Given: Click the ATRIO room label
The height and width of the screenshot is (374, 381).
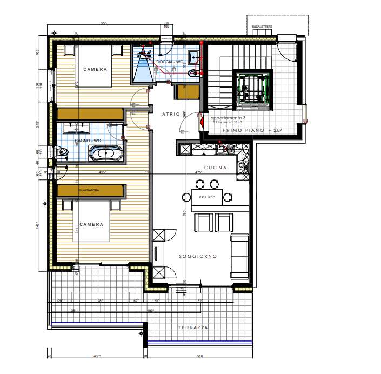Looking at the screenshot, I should point(171,113).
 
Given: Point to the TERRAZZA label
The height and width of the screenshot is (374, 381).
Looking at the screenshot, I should point(192,328).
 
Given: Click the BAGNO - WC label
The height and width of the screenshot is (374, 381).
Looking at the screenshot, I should point(88,141).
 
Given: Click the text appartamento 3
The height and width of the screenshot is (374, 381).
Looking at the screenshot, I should point(228,118).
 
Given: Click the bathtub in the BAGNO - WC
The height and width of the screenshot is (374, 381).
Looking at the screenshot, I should point(106,154).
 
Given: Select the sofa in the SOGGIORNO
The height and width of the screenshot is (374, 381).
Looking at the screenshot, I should point(240,254).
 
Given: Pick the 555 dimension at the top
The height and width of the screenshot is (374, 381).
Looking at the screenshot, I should point(104,23).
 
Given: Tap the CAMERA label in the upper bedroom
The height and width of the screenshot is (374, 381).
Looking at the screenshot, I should point(95,70).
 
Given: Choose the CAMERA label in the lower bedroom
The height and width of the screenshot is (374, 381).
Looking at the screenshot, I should point(91,224).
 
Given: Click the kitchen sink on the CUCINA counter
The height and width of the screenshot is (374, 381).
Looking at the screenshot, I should point(223,146).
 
